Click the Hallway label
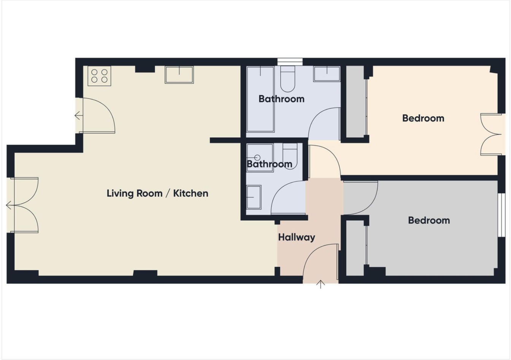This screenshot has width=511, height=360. click(x=297, y=237)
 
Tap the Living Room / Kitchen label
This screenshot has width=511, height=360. click(x=157, y=193)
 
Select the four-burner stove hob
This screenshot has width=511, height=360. click(x=99, y=76)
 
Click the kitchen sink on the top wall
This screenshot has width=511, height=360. click(x=179, y=75)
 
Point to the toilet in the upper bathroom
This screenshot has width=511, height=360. click(x=288, y=79)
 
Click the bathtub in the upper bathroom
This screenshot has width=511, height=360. click(x=260, y=99)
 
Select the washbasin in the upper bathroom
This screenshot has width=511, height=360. click(x=327, y=74)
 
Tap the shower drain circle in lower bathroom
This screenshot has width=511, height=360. click(x=257, y=158)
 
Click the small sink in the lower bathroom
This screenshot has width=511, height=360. click(x=254, y=197)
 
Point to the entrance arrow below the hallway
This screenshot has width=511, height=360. click(x=321, y=284)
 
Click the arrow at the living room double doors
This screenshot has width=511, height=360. click(x=9, y=205)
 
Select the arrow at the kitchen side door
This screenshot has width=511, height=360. click(x=79, y=116)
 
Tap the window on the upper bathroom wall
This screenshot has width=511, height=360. click(x=290, y=62)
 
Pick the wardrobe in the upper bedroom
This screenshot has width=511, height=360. click(x=355, y=102)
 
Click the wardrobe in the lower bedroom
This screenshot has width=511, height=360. click(x=355, y=248)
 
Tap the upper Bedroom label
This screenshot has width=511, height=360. click(x=423, y=118)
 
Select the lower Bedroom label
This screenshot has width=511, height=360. click(x=429, y=220)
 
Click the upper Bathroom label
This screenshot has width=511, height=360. click(x=281, y=99)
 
